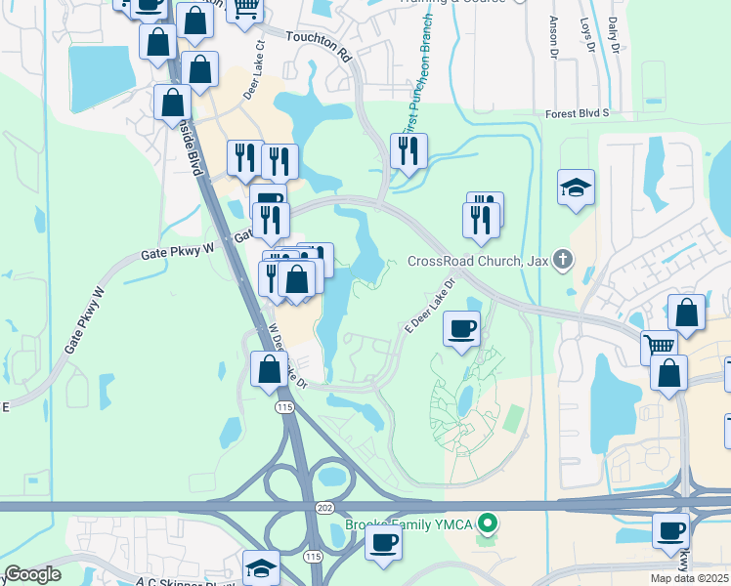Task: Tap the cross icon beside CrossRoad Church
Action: click(561, 260)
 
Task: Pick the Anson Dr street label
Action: click(553, 35)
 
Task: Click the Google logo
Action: click(32, 574)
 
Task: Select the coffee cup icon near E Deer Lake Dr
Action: click(462, 327)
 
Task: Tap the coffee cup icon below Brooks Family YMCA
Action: click(383, 542)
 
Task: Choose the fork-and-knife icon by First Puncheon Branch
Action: click(407, 149)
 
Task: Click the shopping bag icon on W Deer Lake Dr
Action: click(269, 369)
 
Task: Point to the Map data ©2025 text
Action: click(682, 579)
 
